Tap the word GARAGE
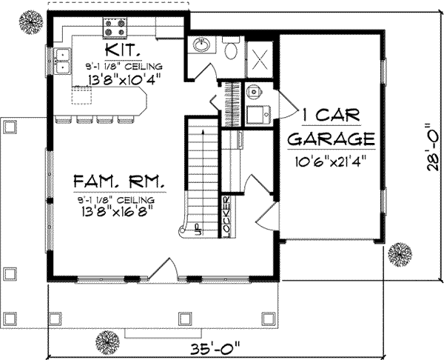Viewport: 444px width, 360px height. tap(331, 139)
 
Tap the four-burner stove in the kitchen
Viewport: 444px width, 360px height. tap(115, 28)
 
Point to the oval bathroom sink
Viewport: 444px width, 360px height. tap(200, 47)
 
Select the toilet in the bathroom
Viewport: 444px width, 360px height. tap(230, 50)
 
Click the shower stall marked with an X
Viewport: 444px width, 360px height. tap(261, 56)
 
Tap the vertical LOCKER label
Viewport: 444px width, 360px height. tap(226, 215)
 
